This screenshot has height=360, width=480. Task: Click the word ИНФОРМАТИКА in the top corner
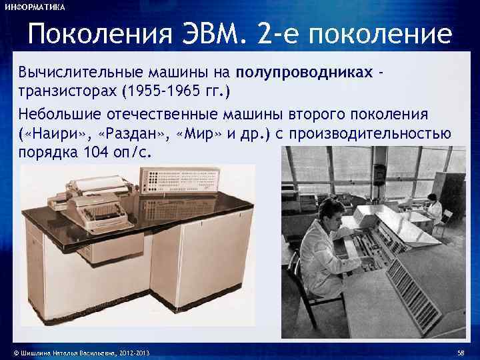coord(35,7)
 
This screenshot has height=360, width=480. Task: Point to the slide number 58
coord(461,351)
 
